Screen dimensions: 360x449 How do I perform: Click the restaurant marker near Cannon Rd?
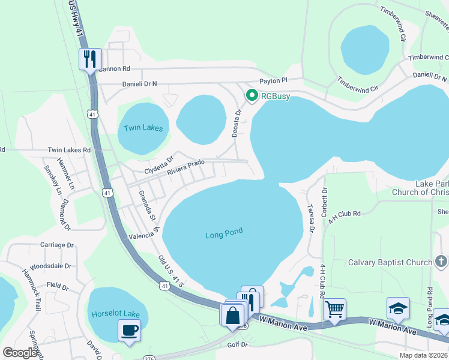[90, 59]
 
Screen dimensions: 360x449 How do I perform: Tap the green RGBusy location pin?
[252, 95]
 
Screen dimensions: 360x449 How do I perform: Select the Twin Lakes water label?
[142, 128]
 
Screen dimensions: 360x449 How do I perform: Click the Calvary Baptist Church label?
[390, 262]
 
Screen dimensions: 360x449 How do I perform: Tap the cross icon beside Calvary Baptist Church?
[441, 262]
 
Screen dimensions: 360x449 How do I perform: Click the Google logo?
[20, 353]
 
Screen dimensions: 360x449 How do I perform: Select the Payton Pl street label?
[274, 80]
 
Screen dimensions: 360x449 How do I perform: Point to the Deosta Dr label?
[237, 123]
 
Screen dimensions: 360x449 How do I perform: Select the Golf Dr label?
[238, 345]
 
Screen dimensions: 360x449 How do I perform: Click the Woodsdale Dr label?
[51, 266]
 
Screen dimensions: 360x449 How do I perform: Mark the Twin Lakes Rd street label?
[69, 149]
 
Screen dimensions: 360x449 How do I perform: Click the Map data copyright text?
[424, 355]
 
